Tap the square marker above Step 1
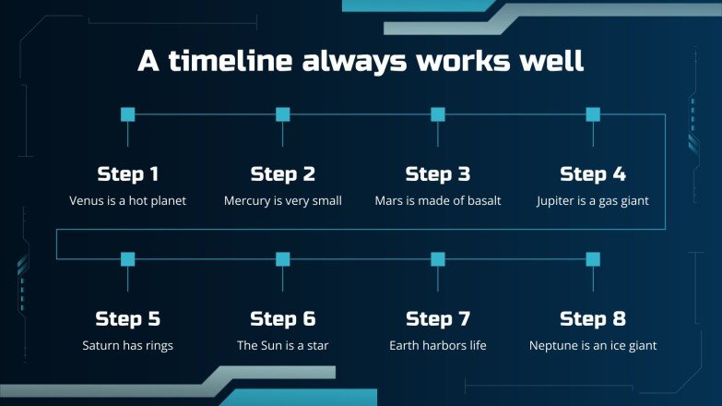(x=128, y=114)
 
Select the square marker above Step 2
(x=283, y=114)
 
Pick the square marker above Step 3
(x=438, y=114)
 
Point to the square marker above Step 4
(x=593, y=114)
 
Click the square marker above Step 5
(x=128, y=259)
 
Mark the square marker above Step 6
(x=283, y=259)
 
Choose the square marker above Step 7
(x=438, y=259)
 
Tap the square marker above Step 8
(x=593, y=259)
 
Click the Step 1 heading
(x=128, y=174)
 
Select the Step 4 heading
(x=593, y=174)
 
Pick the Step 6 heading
(x=283, y=319)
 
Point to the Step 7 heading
(x=438, y=319)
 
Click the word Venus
(x=87, y=200)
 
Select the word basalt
(x=481, y=200)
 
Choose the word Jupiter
(x=558, y=200)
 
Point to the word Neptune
(x=555, y=346)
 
